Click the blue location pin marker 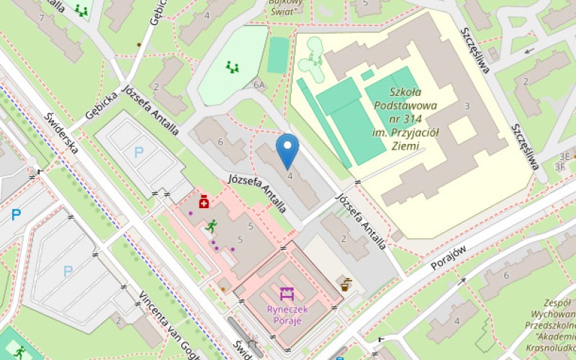click(x=288, y=150)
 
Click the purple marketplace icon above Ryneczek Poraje click(x=287, y=294)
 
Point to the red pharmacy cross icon click(x=204, y=202)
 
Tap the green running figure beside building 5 click(x=211, y=225)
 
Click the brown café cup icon click(x=346, y=283)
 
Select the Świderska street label click(x=60, y=134)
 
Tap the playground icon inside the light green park click(x=233, y=68)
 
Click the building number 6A click(x=259, y=85)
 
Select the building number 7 click(x=43, y=17)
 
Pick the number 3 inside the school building click(x=467, y=106)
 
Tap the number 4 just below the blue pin click(x=290, y=175)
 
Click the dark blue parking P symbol click(x=16, y=214)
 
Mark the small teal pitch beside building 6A click(x=278, y=55)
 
